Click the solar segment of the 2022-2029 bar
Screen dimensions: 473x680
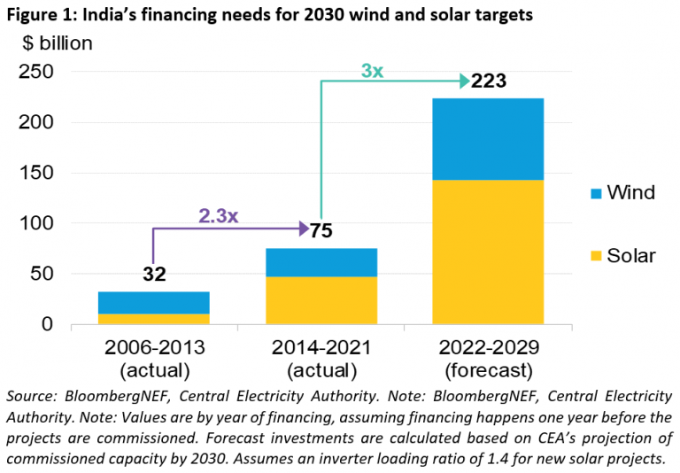point(488,252)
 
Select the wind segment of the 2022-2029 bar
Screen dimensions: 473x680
point(488,139)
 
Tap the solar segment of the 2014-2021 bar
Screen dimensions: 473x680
point(321,300)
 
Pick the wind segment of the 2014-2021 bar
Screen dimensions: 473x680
point(321,262)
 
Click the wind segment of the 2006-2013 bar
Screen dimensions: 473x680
point(154,303)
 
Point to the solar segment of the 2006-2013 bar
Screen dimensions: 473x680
point(154,319)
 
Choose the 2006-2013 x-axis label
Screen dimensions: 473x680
point(154,347)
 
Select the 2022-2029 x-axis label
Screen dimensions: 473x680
point(488,347)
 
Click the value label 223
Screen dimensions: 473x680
point(488,81)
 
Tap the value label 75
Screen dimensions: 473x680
point(321,230)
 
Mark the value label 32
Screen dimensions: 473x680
point(154,275)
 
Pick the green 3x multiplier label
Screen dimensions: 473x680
point(371,71)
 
